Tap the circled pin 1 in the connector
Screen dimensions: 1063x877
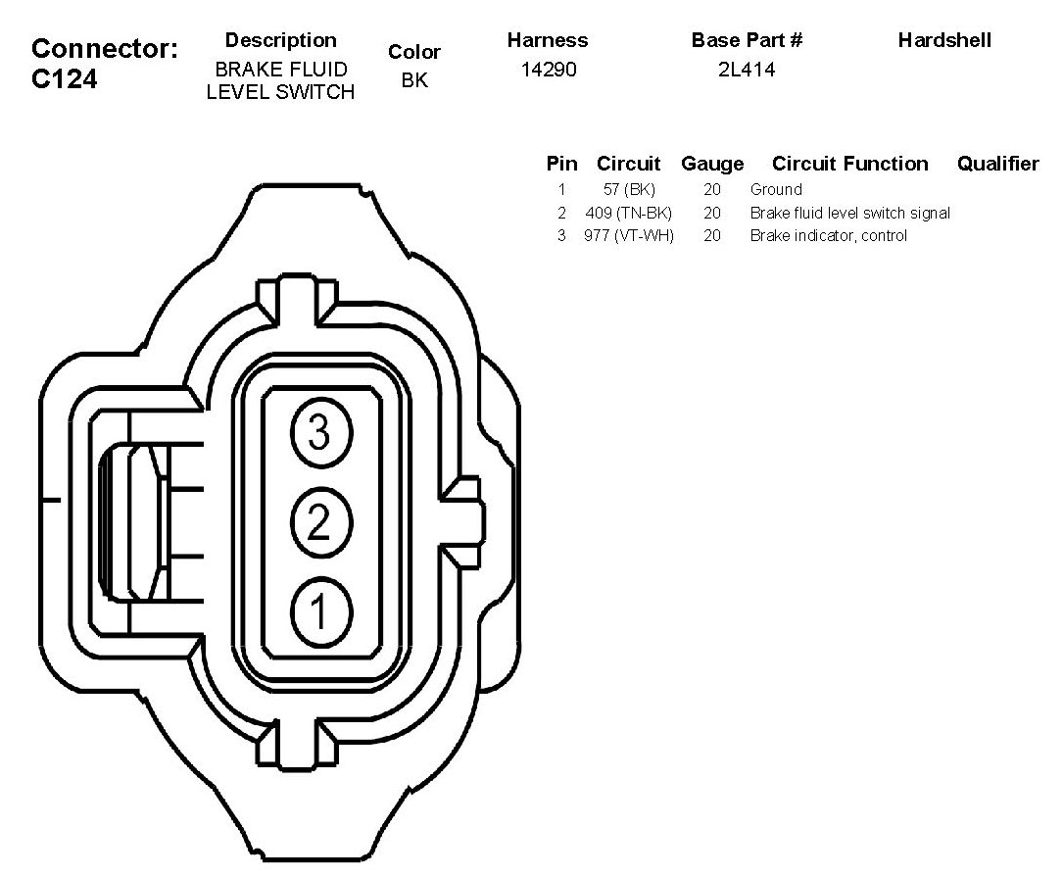pyautogui.click(x=318, y=612)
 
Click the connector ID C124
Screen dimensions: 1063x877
pyautogui.click(x=65, y=80)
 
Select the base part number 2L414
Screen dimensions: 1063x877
pyautogui.click(x=747, y=71)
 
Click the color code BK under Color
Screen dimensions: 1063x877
pyautogui.click(x=414, y=80)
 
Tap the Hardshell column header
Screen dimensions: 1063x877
pyautogui.click(x=944, y=40)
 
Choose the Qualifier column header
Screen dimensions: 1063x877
pyautogui.click(x=997, y=164)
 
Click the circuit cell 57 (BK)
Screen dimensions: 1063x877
pyautogui.click(x=629, y=189)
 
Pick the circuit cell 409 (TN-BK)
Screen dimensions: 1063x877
pyautogui.click(x=628, y=213)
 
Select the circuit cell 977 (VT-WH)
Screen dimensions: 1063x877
pyautogui.click(x=629, y=235)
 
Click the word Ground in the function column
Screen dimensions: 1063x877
pyautogui.click(x=776, y=189)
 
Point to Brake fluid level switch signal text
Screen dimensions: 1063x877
pyautogui.click(x=849, y=213)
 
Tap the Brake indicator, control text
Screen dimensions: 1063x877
pyautogui.click(x=828, y=235)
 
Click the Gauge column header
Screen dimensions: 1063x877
pyautogui.click(x=712, y=164)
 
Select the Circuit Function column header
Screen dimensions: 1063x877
pyautogui.click(x=849, y=164)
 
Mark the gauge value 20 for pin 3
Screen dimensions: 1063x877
pyautogui.click(x=712, y=235)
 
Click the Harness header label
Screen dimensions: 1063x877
pyautogui.click(x=548, y=40)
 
